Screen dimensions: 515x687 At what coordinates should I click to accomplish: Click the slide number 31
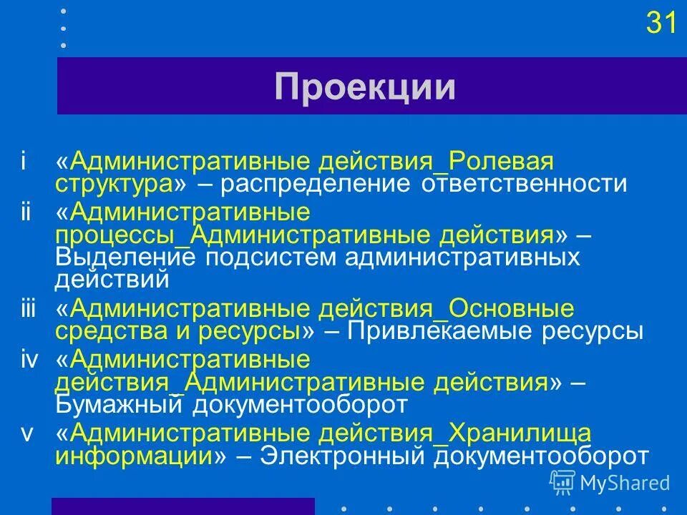(661, 24)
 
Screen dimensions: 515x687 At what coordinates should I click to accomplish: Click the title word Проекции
(364, 87)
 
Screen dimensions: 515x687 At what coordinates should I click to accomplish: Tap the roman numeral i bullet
(24, 162)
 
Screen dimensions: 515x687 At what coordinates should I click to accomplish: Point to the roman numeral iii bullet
(28, 309)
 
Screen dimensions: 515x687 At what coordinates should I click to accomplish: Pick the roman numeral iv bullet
(29, 359)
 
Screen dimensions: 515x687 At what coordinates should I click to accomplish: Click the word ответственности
(524, 184)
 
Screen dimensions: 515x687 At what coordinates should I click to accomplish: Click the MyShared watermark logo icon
(562, 482)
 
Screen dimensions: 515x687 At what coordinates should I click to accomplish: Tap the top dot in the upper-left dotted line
(63, 11)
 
